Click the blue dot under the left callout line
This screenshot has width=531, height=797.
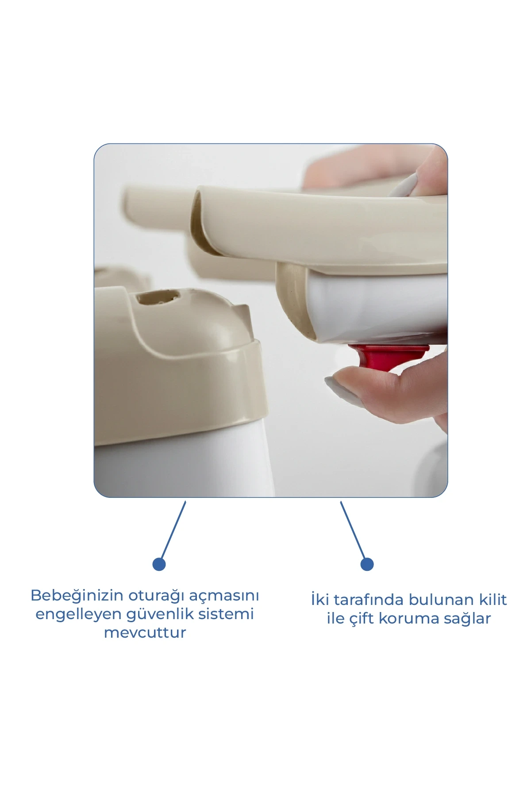(x=159, y=564)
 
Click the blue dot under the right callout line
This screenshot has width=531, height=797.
(x=367, y=564)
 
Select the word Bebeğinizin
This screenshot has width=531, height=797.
(x=77, y=596)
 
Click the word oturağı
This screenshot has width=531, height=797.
(x=157, y=596)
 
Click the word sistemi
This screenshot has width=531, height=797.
(x=226, y=614)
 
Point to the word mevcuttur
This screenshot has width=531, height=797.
(x=145, y=633)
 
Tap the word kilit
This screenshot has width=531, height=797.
(x=493, y=600)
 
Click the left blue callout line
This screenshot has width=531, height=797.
(x=173, y=530)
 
